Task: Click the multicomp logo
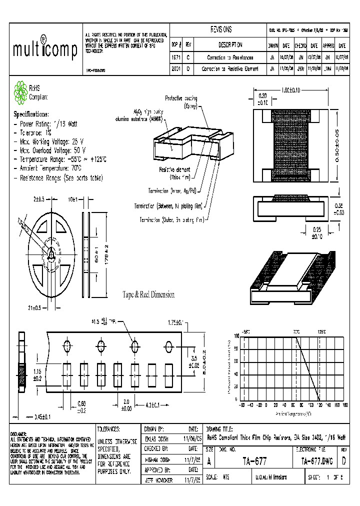pyautogui.click(x=44, y=49)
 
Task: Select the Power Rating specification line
pyautogui.click(x=47, y=123)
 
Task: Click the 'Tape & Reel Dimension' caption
pyautogui.click(x=148, y=295)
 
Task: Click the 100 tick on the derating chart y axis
pyautogui.click(x=236, y=336)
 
